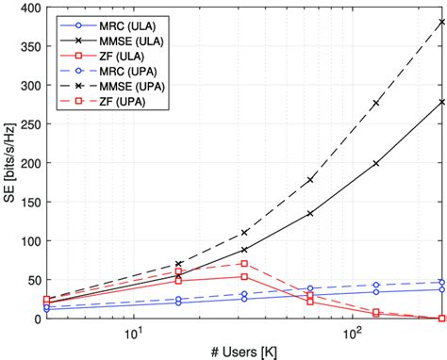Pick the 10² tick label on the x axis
(x=352, y=333)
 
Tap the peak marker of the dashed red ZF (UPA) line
(x=244, y=264)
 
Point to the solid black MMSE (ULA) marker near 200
(x=376, y=163)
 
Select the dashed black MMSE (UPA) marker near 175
(x=310, y=180)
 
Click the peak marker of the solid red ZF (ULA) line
(x=244, y=277)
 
